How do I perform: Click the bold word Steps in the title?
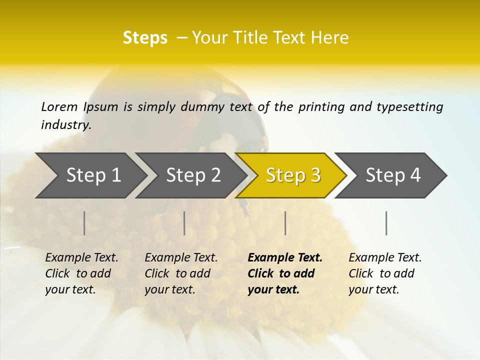(145, 38)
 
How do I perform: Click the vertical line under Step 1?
(84, 223)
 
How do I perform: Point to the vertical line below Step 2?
(184, 223)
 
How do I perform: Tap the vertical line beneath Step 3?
(285, 223)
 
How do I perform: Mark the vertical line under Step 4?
(386, 223)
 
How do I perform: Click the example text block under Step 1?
(81, 273)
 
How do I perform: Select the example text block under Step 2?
(181, 273)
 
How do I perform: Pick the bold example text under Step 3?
(285, 273)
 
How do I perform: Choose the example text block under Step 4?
(385, 273)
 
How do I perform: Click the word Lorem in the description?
(59, 107)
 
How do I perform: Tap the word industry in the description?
(65, 125)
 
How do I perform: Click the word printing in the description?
(320, 107)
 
